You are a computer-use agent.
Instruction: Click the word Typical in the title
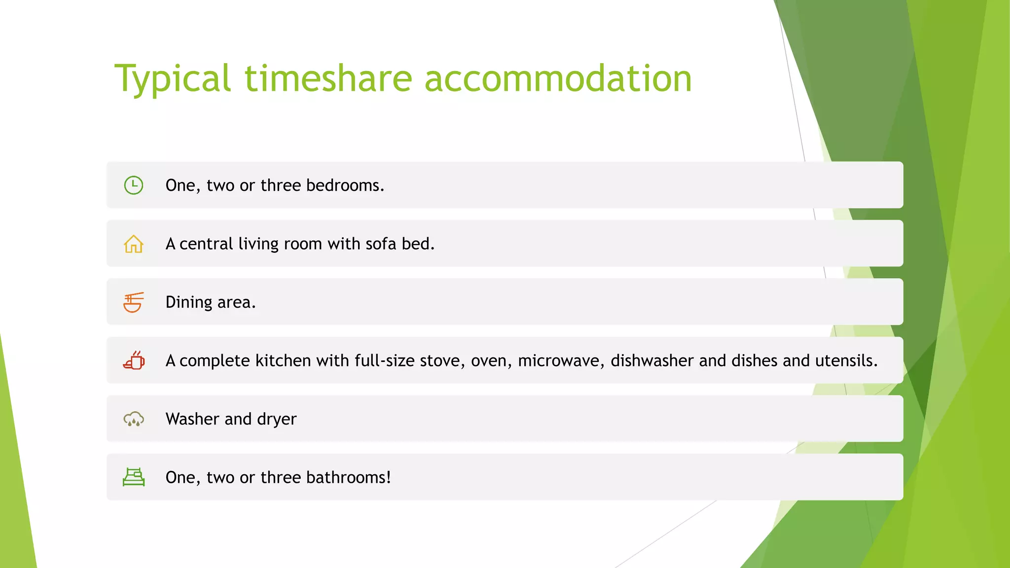pos(173,79)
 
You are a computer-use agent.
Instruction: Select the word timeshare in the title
pos(328,79)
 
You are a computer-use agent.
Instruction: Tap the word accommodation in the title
pos(558,79)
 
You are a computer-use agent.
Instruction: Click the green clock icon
pos(134,185)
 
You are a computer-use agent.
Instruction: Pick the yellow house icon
pos(134,244)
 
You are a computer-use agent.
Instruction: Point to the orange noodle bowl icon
pos(134,302)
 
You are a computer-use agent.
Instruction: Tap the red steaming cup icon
pos(134,360)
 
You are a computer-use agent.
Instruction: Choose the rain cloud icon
pos(134,419)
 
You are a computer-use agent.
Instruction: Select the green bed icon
pos(134,477)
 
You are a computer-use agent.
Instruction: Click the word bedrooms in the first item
pos(344,185)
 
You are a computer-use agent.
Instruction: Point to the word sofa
pos(381,244)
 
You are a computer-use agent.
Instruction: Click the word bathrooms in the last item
pos(348,477)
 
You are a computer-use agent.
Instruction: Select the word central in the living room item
pos(206,244)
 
